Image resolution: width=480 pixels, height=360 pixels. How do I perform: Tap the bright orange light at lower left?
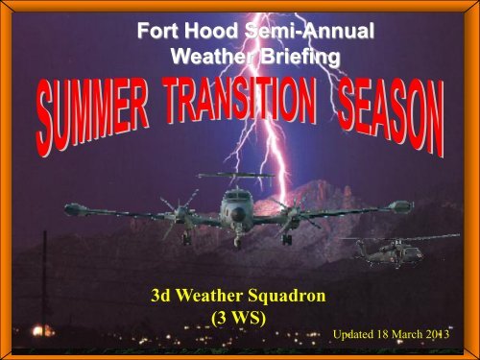pos(37,329)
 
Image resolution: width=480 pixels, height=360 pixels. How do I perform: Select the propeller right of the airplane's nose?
pos(289,213)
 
